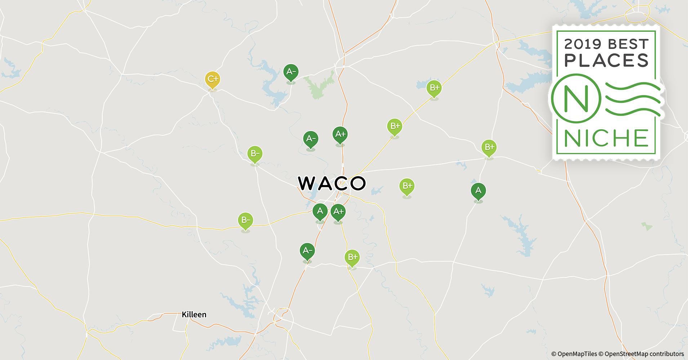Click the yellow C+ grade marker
213,80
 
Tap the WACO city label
332,183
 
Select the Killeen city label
194,315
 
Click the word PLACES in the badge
606,60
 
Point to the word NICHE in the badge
606,138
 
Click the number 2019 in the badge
583,44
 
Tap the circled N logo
576,98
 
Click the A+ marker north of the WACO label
340,135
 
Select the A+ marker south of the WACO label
338,212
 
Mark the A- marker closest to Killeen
307,251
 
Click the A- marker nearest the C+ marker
291,72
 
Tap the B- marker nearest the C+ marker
255,154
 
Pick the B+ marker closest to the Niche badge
489,148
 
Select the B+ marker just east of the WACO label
407,186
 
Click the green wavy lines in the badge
633,99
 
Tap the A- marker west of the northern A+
311,139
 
